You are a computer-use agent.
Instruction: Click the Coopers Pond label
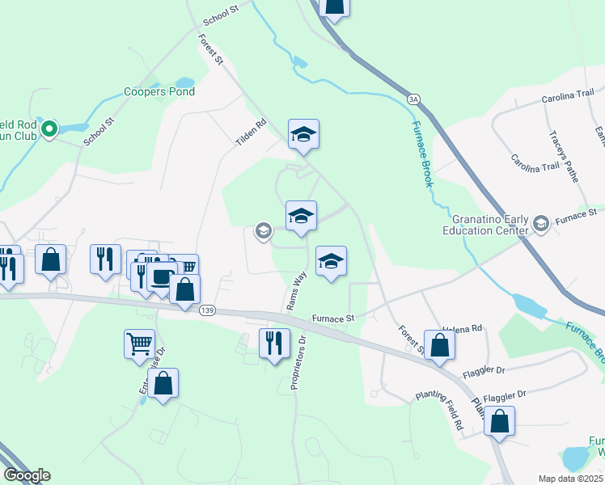(159, 92)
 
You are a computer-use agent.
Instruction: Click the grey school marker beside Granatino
(541, 222)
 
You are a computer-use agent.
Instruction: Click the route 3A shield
(414, 99)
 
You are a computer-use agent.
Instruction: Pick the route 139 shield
(206, 311)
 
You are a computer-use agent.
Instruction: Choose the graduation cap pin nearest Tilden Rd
(303, 133)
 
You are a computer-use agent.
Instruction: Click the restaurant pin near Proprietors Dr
(274, 342)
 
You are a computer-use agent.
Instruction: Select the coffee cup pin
(163, 276)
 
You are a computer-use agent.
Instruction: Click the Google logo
(27, 475)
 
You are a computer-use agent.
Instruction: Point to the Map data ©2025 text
(570, 479)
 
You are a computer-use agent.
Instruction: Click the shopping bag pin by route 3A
(334, 6)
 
